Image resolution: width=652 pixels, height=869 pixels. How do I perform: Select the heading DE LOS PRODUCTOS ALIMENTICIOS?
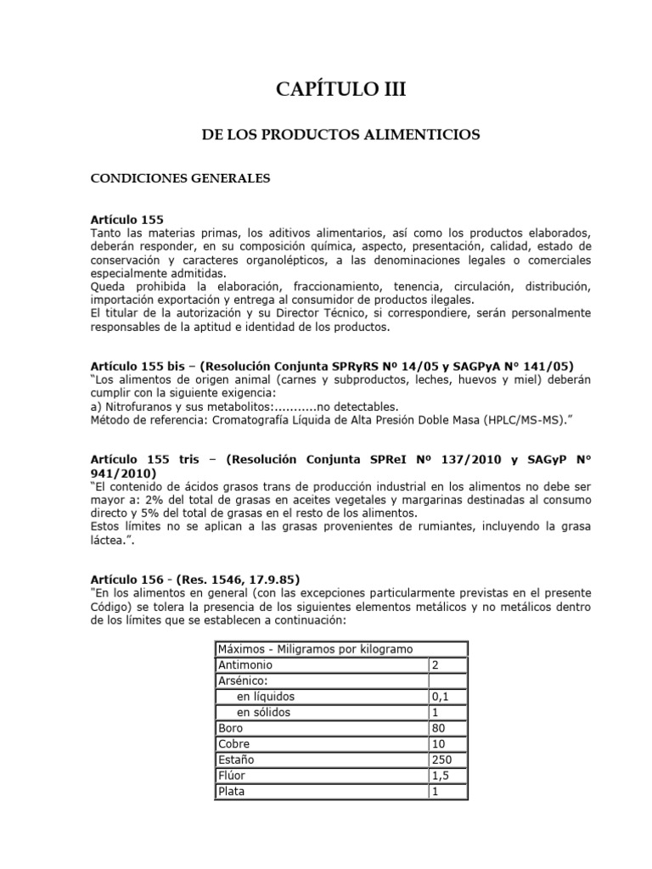pyautogui.click(x=340, y=135)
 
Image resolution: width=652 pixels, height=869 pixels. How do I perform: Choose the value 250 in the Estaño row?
pyautogui.click(x=441, y=759)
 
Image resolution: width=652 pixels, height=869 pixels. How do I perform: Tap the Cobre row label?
pyautogui.click(x=235, y=743)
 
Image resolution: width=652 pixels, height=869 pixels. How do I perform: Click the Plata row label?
pyautogui.click(x=233, y=790)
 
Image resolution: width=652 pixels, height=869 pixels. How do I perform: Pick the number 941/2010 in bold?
pyautogui.click(x=122, y=472)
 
